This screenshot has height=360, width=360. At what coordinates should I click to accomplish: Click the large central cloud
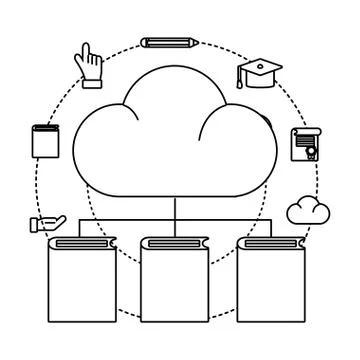coord(175,140)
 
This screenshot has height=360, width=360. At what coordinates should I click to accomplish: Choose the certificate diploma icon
coord(302,145)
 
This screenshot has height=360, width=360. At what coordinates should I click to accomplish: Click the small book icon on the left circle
coord(45,141)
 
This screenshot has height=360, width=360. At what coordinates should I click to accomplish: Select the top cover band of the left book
coord(82,243)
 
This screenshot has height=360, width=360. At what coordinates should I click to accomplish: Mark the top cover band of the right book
coord(270,243)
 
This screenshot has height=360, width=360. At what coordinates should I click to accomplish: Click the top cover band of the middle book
coord(175,243)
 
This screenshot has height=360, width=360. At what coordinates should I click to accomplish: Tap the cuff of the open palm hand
coord(35,225)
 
